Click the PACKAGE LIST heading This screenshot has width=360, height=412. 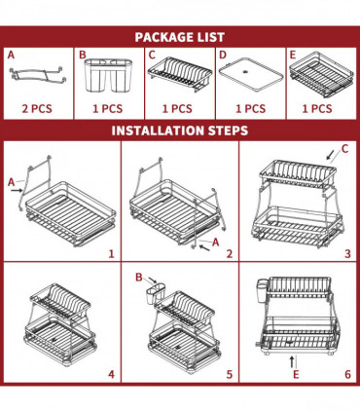[x=180, y=36]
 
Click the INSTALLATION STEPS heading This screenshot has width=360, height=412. [x=180, y=131]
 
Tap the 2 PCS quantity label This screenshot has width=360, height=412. [x=35, y=110]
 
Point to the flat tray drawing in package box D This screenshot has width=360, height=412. [x=251, y=75]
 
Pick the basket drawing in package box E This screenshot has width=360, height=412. [x=322, y=74]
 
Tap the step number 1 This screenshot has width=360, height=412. [x=111, y=253]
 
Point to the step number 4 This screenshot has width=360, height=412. [x=111, y=373]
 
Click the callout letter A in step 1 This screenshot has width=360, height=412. [x=13, y=181]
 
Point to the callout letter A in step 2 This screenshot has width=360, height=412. [x=216, y=241]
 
